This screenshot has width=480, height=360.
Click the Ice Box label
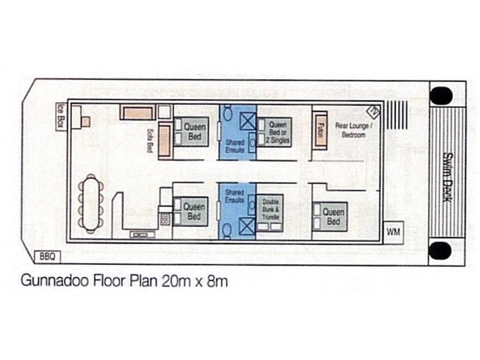point(60,113)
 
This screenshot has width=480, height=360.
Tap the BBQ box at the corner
point(48,256)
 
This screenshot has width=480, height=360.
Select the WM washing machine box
point(394,231)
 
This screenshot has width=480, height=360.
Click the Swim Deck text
point(446,176)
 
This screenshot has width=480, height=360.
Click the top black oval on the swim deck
point(442,95)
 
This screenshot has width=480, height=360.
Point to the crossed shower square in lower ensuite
point(247,226)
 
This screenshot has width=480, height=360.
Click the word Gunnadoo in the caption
point(49,280)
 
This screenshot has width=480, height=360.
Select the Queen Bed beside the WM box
point(332,217)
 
